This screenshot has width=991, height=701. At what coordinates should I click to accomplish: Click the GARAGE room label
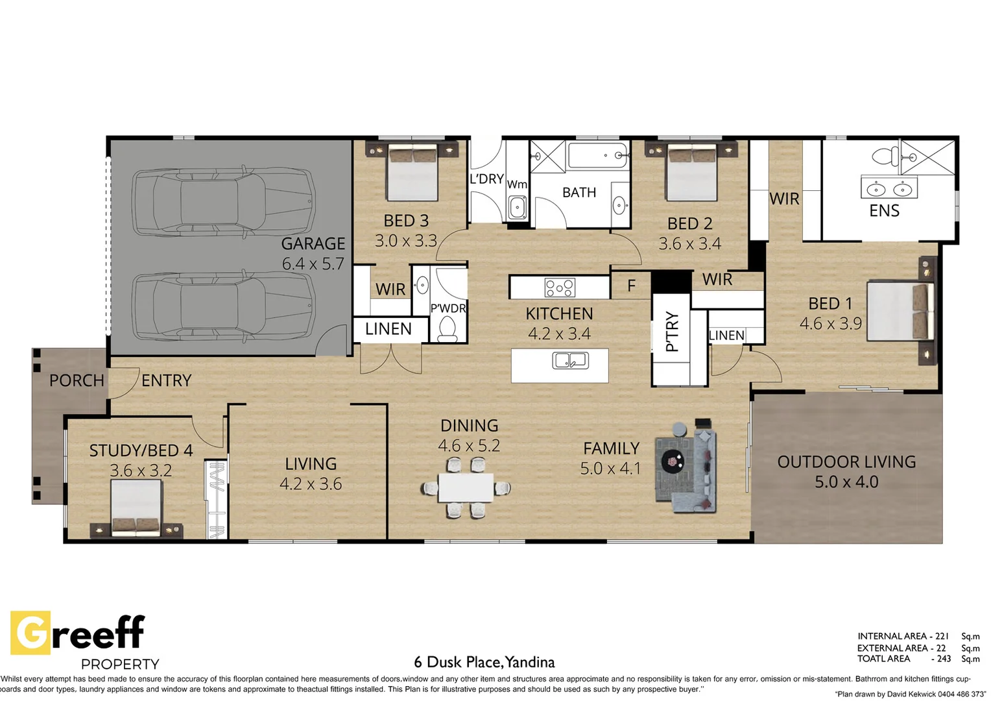point(313,243)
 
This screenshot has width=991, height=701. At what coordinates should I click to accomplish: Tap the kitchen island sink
point(570,360)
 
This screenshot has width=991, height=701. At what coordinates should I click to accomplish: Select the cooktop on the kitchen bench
point(560,288)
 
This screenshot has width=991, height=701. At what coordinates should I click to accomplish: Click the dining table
point(466,487)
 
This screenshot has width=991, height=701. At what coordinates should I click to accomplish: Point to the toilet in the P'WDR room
point(448,328)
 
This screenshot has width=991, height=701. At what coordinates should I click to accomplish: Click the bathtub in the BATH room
point(597,155)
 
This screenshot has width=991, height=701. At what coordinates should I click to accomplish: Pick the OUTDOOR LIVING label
point(846,462)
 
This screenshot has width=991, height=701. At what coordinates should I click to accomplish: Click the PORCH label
point(77,380)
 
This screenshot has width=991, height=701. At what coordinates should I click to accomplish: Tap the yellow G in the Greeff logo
point(30,632)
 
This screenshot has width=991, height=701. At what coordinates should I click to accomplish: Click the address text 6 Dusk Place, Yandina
point(484,663)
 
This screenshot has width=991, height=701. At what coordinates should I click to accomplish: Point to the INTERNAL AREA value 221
point(942,636)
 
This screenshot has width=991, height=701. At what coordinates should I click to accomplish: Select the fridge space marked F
point(631,286)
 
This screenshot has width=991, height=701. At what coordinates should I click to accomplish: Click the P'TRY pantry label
point(672,331)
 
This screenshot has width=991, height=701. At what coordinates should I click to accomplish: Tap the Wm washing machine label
point(517,184)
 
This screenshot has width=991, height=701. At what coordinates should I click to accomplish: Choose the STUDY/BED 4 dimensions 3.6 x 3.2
point(141,471)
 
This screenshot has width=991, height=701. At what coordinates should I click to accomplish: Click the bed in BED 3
point(412,173)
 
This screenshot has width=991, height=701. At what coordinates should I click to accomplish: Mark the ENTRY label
point(166,380)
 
